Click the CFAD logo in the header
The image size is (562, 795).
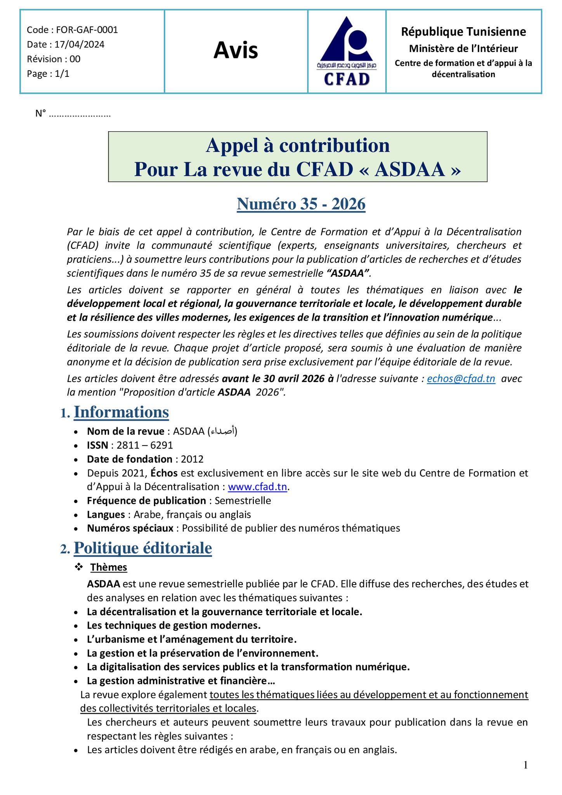347,51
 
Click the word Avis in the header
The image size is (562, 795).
236,50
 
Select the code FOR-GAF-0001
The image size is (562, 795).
87,30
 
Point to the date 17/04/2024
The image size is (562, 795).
79,45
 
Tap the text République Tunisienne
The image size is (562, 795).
463,31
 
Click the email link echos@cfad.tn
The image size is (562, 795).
461,378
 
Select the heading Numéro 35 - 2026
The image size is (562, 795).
301,204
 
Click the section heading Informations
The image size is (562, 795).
121,412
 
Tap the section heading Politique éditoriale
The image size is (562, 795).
143,548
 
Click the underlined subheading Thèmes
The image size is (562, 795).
109,567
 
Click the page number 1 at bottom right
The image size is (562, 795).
526,765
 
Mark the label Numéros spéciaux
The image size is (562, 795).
130,528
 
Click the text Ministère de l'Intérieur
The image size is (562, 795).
463,49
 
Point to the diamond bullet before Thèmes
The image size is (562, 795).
79,567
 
